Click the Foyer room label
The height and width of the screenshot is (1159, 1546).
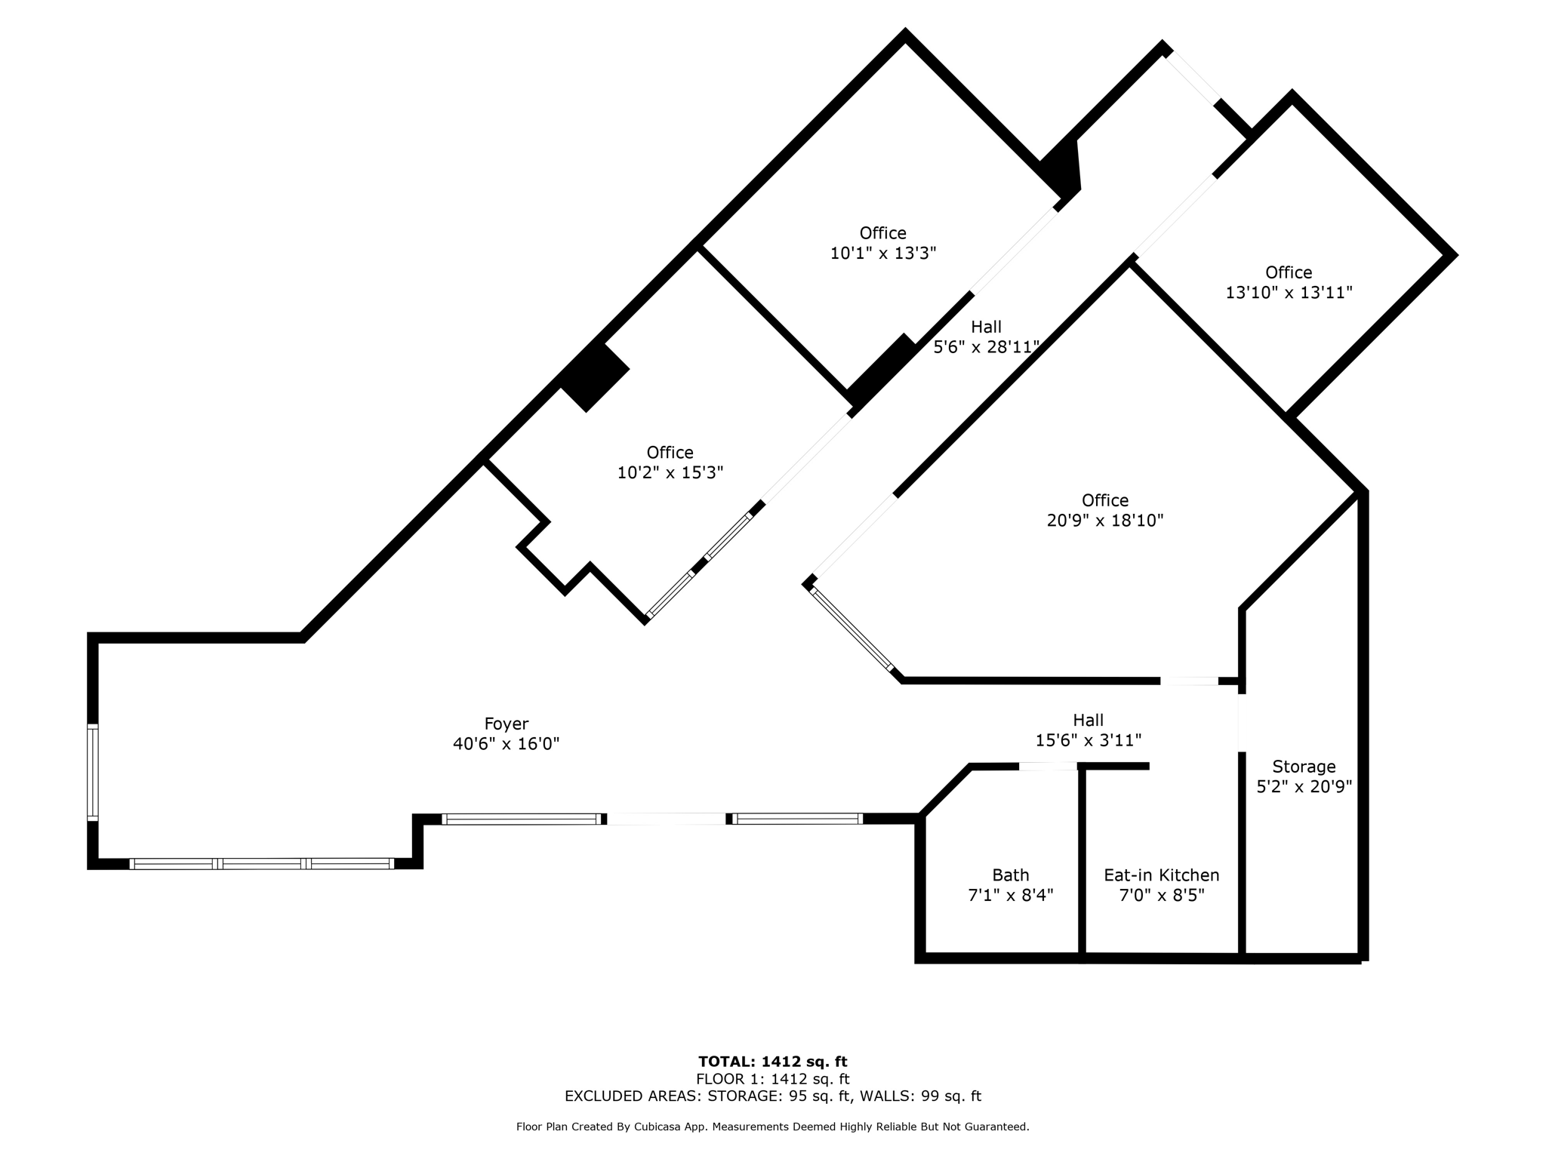(x=506, y=724)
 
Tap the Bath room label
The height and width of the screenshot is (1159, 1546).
(x=1011, y=875)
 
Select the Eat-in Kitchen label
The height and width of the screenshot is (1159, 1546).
(x=1162, y=875)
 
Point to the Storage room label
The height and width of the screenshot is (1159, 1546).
(x=1304, y=767)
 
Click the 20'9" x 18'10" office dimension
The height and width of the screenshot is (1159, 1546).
(x=1105, y=521)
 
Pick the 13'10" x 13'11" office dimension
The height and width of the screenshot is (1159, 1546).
(x=1289, y=293)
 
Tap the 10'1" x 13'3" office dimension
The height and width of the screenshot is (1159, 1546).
(x=883, y=254)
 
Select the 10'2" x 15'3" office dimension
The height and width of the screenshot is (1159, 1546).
(x=670, y=473)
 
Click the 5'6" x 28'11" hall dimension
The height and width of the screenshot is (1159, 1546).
(x=987, y=347)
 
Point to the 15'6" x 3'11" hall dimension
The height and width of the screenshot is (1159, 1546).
(x=1088, y=741)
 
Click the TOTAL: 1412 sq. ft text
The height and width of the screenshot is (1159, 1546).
(x=773, y=1062)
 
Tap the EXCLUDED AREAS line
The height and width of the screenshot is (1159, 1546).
(x=773, y=1096)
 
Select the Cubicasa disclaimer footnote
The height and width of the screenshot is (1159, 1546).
(x=773, y=1127)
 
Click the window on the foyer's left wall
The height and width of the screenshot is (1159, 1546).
(x=93, y=772)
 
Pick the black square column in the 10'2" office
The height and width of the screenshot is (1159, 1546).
(x=594, y=377)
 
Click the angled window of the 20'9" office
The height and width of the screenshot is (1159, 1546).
(x=852, y=629)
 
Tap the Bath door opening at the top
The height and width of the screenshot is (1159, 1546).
(x=1048, y=767)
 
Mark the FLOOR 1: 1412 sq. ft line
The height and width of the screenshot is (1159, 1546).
(x=773, y=1079)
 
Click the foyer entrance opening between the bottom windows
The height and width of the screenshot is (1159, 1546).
(x=667, y=819)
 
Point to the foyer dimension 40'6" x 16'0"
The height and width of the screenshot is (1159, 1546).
(x=506, y=744)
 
